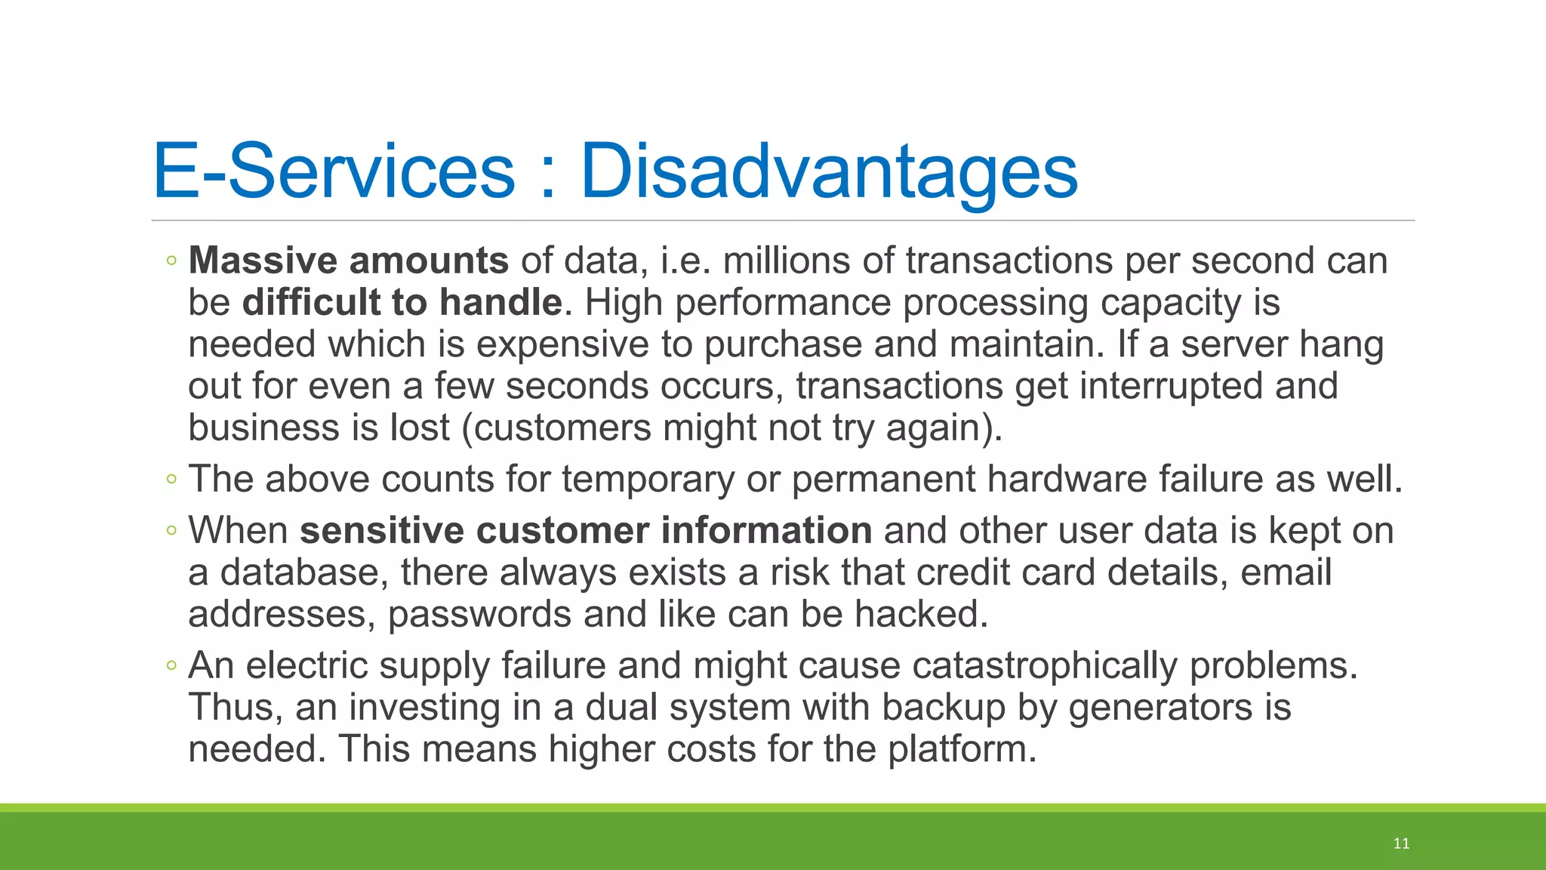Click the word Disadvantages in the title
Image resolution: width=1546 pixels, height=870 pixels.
click(828, 171)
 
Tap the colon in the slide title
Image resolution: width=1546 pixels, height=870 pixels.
click(547, 177)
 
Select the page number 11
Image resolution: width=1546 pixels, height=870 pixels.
click(1401, 844)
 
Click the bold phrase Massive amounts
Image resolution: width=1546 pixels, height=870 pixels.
click(348, 261)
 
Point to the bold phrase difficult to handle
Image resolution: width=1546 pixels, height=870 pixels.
click(402, 302)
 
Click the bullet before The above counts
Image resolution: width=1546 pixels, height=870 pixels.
click(171, 479)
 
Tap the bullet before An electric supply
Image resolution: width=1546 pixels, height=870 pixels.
click(171, 666)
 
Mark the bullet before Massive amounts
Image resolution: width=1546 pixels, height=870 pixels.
click(171, 261)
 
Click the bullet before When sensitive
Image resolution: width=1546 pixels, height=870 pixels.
click(171, 531)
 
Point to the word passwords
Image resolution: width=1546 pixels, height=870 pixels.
click(479, 614)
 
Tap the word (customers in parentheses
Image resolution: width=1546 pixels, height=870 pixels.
click(556, 428)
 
